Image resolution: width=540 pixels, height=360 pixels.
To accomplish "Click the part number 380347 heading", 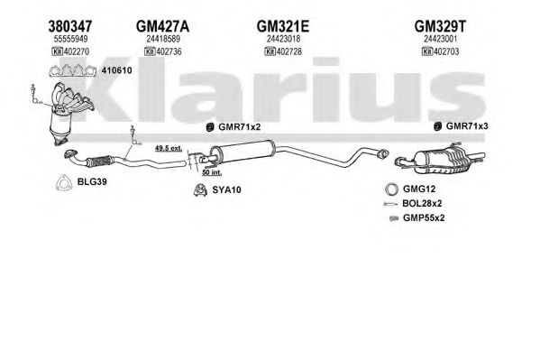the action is pos(70,26).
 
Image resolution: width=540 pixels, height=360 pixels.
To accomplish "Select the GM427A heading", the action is pos(162,26).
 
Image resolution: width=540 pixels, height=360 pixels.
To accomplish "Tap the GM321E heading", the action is pos(283,26).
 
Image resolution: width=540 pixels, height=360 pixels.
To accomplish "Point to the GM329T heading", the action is pos(440,26).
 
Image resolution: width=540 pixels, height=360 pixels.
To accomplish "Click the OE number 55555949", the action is pos(70,39).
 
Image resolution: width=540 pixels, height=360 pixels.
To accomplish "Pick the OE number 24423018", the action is pos(283,39).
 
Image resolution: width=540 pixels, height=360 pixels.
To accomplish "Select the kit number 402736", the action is pos(169,51).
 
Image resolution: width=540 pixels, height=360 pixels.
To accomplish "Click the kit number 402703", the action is pos(446,51).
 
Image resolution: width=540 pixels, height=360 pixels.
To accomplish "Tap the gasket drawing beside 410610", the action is pos(73,70).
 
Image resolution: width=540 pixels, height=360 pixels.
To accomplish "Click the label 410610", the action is pos(117,70).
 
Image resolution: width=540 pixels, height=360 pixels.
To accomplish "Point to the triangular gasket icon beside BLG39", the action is pos(63,183).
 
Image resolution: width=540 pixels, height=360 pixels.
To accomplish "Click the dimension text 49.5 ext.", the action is pos(169,149).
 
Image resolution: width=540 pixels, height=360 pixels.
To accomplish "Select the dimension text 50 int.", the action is pos(212,172).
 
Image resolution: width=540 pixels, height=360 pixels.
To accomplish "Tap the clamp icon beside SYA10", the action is pos(200,190).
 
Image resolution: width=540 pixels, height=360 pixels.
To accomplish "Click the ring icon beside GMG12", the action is pos(391,189).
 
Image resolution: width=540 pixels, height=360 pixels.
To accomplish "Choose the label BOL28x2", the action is pos(422,203).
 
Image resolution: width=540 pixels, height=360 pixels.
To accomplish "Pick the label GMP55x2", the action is pos(424,218).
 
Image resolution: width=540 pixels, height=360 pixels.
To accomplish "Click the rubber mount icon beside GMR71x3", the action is pos(437,126).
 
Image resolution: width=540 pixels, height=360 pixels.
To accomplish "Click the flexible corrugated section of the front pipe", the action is pos(100,162).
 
